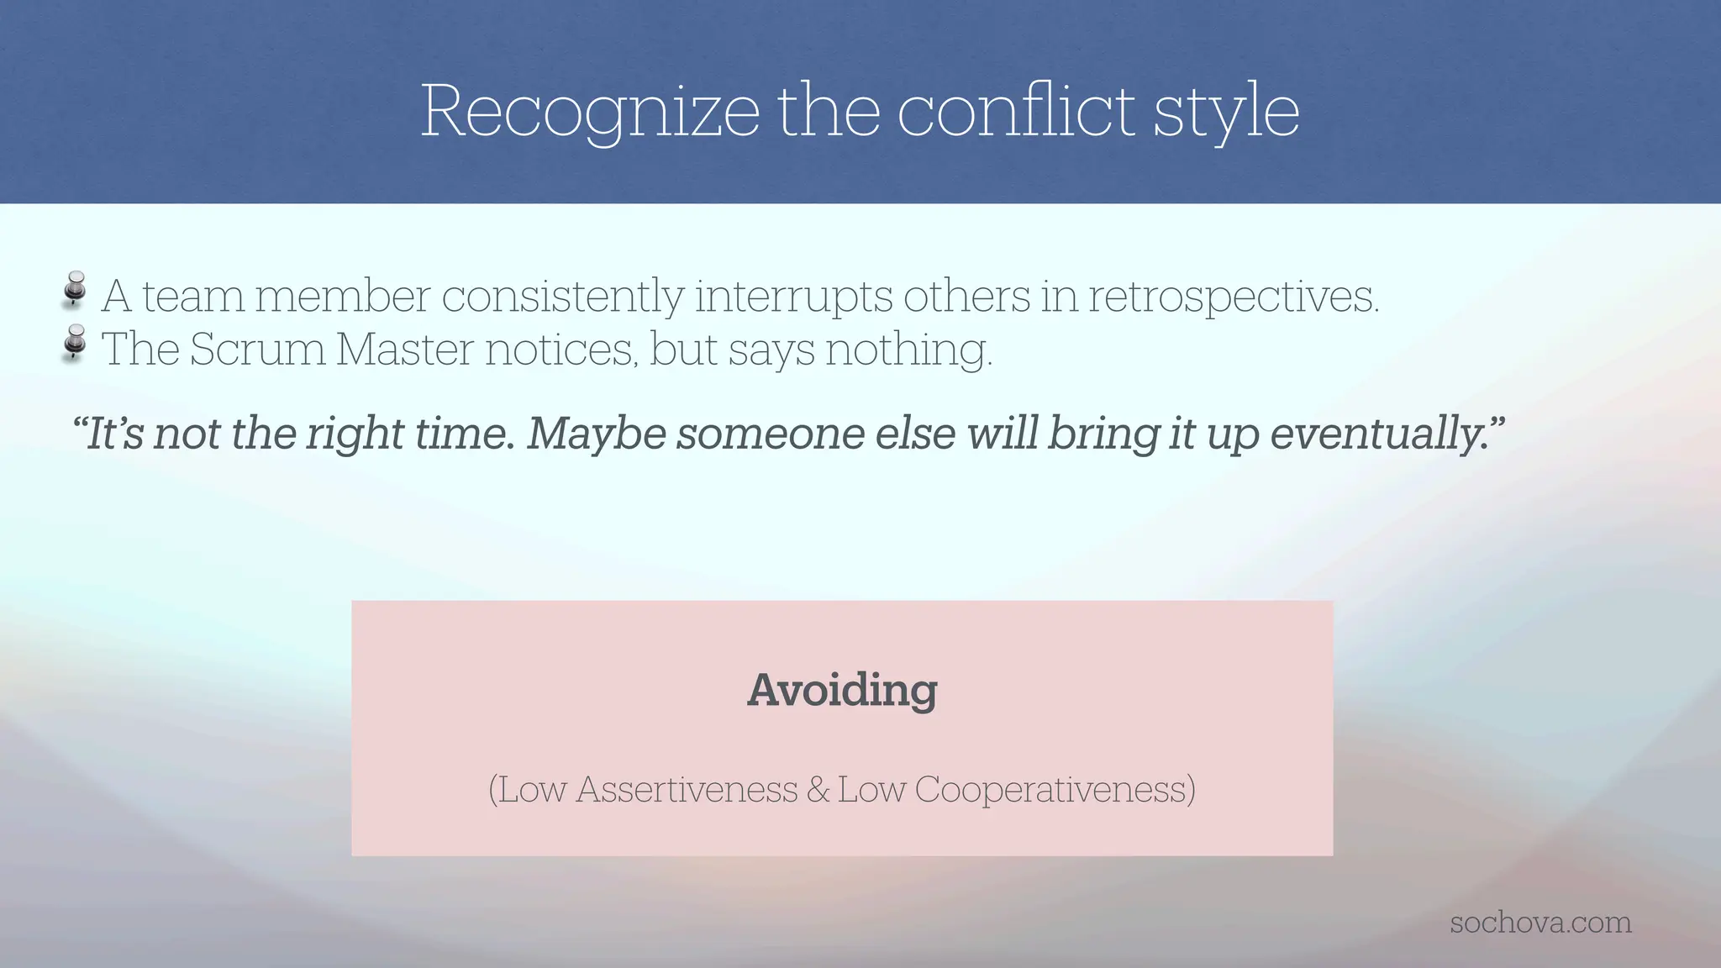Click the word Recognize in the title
click(590, 112)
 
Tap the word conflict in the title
click(1016, 112)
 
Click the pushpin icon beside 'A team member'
click(75, 290)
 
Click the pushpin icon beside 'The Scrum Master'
click(75, 343)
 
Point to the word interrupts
click(793, 297)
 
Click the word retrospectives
click(1233, 297)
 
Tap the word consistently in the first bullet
click(562, 297)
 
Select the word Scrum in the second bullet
click(257, 350)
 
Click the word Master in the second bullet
click(404, 350)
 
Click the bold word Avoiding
click(842, 691)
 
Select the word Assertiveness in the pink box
click(687, 790)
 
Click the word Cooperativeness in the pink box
click(1054, 790)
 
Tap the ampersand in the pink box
click(817, 790)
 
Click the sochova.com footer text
click(1540, 923)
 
